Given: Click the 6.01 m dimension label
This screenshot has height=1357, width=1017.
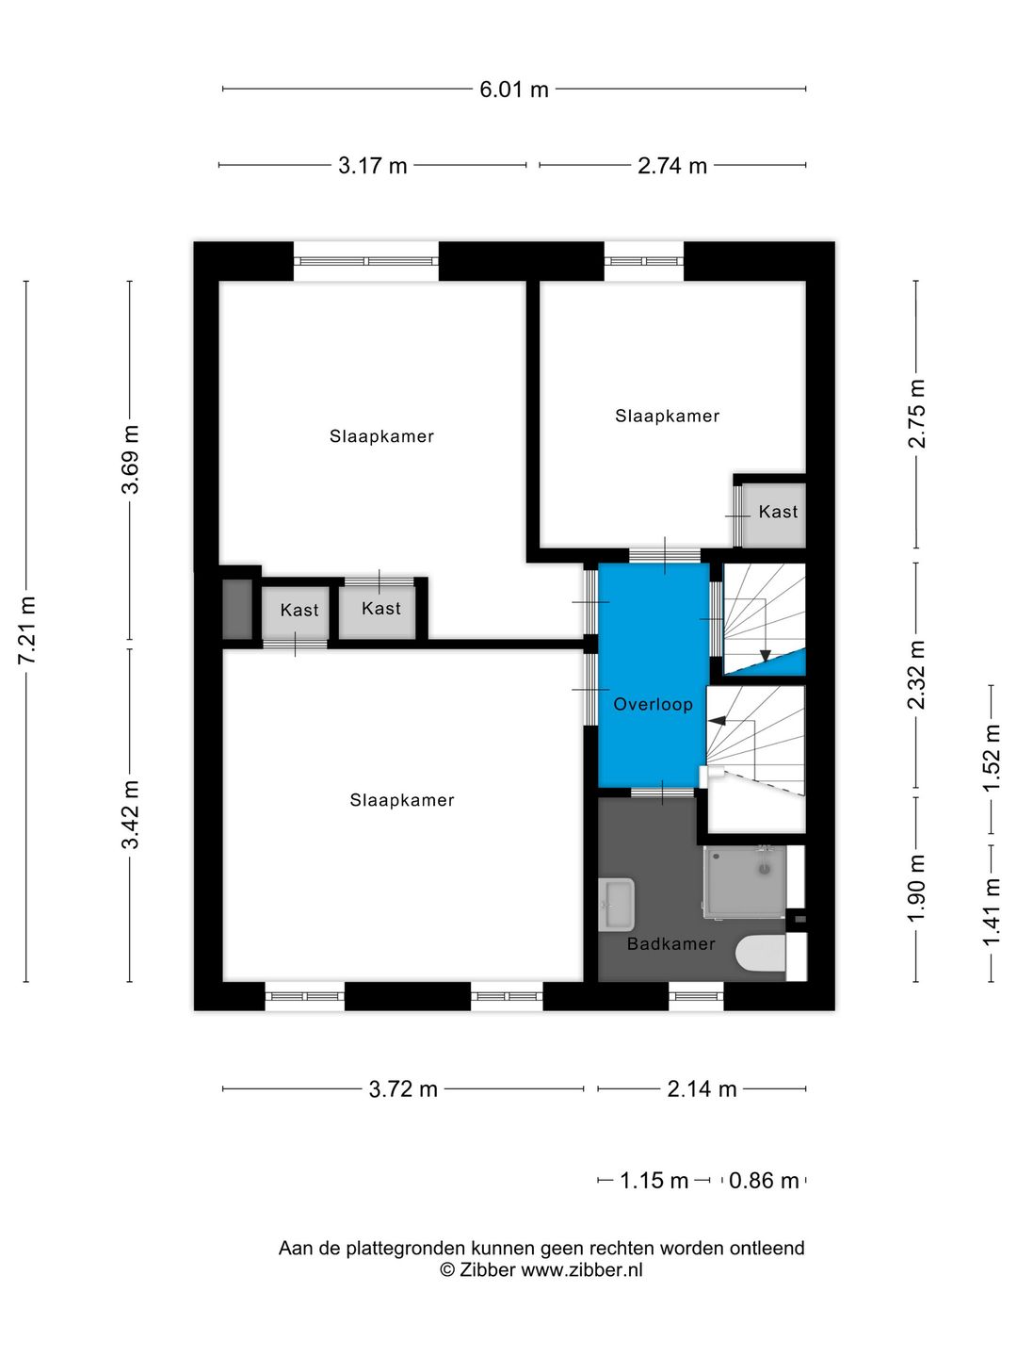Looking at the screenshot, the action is (x=514, y=90).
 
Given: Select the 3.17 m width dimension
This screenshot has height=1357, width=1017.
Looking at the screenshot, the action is (x=372, y=166).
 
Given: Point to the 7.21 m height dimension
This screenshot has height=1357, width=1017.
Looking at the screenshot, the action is (x=26, y=630).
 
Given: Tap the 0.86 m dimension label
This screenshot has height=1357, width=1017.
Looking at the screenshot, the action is (x=763, y=1181).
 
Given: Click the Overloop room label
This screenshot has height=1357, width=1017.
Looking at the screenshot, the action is (x=653, y=704).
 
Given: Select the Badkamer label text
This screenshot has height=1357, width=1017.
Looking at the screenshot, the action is (x=670, y=944).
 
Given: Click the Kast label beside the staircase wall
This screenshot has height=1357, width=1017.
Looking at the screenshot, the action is (x=778, y=512).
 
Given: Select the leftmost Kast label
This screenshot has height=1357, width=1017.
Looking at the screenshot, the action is (x=299, y=611).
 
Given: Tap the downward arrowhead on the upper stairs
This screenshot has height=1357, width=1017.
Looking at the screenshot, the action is (x=766, y=655).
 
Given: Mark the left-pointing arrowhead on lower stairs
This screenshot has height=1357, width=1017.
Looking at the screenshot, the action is (x=717, y=720).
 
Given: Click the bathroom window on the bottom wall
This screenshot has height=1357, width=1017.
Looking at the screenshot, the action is (x=697, y=997).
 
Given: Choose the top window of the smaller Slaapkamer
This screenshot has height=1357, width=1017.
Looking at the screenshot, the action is (x=643, y=261).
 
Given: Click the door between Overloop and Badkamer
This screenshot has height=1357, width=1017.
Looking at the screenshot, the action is (x=662, y=793).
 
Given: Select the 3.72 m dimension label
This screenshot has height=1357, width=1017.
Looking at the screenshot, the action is (x=403, y=1089).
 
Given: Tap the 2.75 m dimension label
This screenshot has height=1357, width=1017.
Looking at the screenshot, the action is (x=916, y=414).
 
